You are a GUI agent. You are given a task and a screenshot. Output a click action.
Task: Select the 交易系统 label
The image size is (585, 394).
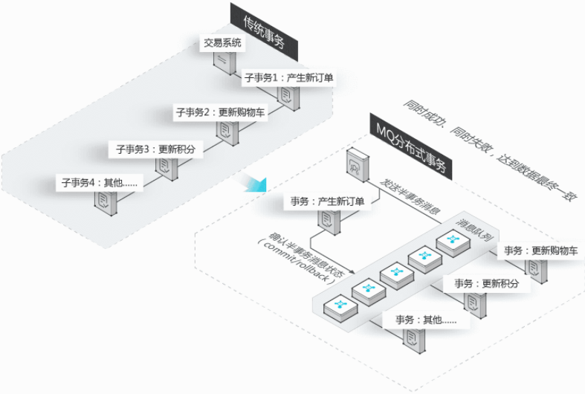pyautogui.click(x=222, y=43)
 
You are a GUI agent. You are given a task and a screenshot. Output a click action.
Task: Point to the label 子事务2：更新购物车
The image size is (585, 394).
pyautogui.click(x=220, y=113)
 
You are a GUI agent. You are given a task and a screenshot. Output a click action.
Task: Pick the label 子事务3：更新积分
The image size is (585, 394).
pyautogui.click(x=155, y=149)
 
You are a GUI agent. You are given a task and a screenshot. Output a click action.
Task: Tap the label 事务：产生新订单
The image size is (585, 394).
pyautogui.click(x=327, y=202)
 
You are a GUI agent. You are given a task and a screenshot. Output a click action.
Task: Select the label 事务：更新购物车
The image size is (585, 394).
pyautogui.click(x=540, y=251)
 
